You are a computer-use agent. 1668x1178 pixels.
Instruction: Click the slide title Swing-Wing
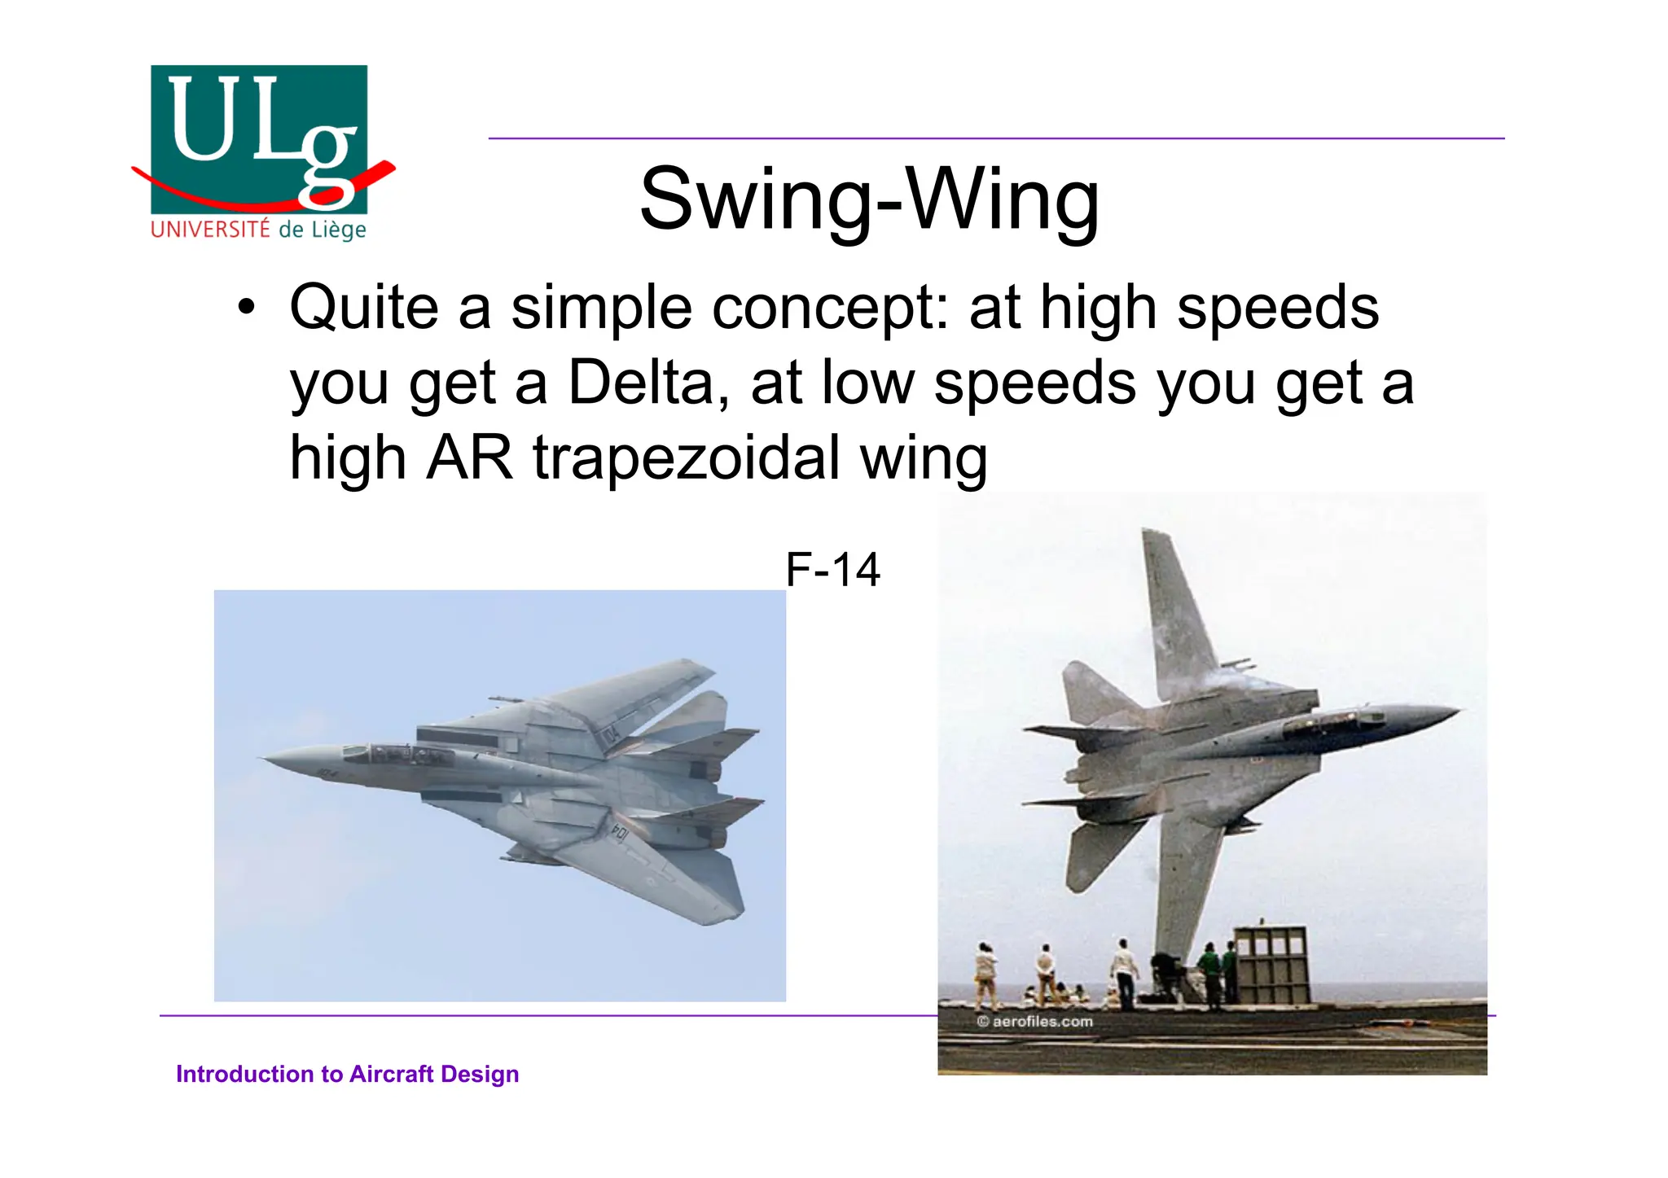click(869, 199)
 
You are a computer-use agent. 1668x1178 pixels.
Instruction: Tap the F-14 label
click(832, 569)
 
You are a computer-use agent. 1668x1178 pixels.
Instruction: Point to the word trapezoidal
click(687, 458)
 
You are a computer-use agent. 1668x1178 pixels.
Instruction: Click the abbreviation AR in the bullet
click(469, 458)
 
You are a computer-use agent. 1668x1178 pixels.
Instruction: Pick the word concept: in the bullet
click(831, 308)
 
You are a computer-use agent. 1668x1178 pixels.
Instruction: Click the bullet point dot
click(246, 309)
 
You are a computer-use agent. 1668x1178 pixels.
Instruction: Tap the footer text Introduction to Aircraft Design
click(347, 1074)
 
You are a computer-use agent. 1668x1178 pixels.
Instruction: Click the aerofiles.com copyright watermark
click(1035, 1021)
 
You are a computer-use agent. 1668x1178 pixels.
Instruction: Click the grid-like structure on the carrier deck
click(1271, 964)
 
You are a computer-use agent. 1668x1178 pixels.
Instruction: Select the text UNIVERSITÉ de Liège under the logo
click(259, 230)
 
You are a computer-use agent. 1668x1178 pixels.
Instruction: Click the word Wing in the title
click(1003, 199)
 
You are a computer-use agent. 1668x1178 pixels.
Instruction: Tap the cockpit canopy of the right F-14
click(1328, 720)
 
